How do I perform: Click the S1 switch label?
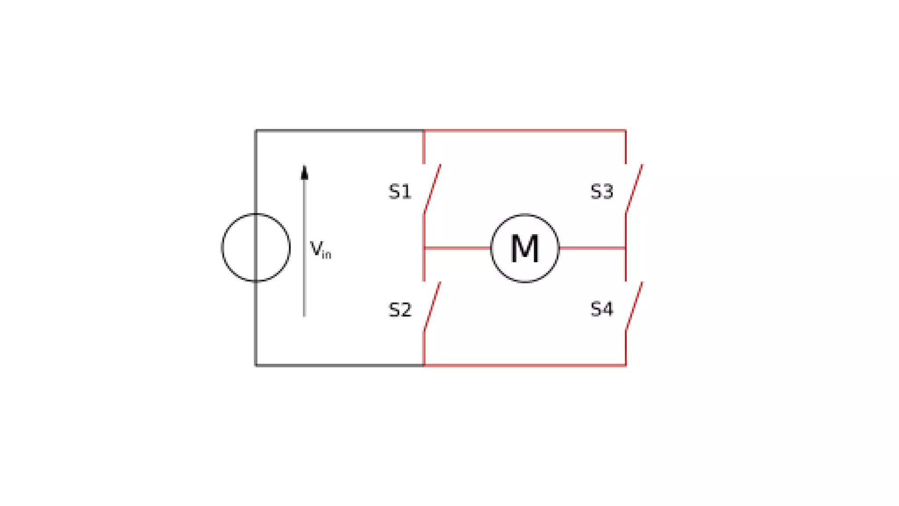pos(400,192)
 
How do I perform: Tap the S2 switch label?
pos(400,310)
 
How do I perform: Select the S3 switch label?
pos(602,192)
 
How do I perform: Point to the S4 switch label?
pos(602,309)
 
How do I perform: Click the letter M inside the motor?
pos(525,248)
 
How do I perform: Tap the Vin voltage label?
pos(320,249)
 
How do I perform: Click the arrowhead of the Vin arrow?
pos(304,172)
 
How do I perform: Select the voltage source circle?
pos(222,248)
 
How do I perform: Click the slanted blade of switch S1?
pos(432,189)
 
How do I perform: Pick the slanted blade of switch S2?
pos(432,306)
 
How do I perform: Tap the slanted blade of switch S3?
pos(634,189)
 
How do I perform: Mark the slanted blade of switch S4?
pos(634,306)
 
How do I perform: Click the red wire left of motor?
pos(457,248)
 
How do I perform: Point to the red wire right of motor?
pos(593,248)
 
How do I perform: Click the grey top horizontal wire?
pos(339,130)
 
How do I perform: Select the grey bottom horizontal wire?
pos(339,365)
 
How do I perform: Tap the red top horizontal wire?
pos(525,130)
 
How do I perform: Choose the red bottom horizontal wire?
pos(525,365)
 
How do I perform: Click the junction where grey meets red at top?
pos(424,130)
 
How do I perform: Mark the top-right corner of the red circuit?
pos(626,130)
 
